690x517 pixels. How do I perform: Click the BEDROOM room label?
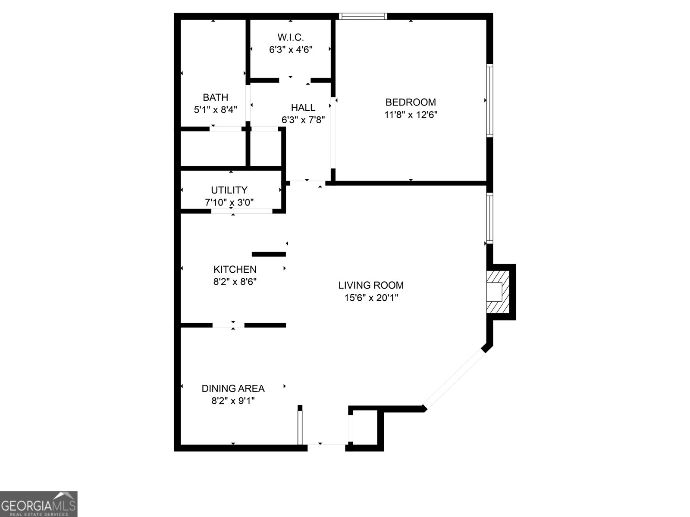point(411,102)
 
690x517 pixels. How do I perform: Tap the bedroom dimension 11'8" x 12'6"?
point(411,115)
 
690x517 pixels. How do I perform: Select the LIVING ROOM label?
point(371,285)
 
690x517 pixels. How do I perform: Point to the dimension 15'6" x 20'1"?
point(371,297)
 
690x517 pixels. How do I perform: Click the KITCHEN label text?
point(235,269)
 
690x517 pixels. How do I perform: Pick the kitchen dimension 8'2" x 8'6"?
point(235,282)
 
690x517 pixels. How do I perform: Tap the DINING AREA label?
point(233,388)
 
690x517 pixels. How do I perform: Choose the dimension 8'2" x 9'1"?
point(233,401)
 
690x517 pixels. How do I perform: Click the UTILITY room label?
point(229,190)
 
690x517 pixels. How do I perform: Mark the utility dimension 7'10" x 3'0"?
point(229,202)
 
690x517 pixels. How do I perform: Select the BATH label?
point(216,97)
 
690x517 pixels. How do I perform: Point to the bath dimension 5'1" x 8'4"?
point(216,109)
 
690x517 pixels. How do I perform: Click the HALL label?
point(303,107)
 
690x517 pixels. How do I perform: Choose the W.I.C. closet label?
point(291,37)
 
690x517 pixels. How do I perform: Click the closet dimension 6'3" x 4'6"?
point(291,50)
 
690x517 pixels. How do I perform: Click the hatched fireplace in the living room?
point(498,292)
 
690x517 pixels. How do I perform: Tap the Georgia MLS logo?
point(38,504)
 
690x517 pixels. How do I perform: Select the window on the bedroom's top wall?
point(363,16)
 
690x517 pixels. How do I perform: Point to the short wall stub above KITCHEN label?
point(269,254)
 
